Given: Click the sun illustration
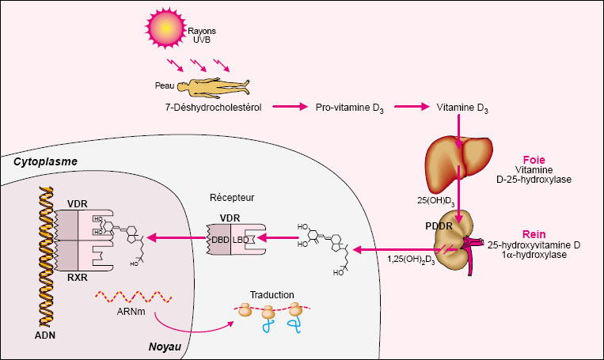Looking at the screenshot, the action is pyautogui.click(x=165, y=28).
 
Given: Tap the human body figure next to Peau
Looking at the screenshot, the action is pyautogui.click(x=214, y=87).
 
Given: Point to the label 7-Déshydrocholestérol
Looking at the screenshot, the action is pyautogui.click(x=213, y=108).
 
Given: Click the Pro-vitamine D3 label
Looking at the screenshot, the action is pyautogui.click(x=349, y=108).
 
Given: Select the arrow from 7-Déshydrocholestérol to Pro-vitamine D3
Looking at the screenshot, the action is pyautogui.click(x=290, y=107).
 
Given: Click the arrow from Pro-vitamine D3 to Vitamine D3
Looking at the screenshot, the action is pyautogui.click(x=412, y=107).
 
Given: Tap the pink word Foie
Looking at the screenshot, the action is pyautogui.click(x=534, y=160).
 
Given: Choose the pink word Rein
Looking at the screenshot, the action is pyautogui.click(x=534, y=234).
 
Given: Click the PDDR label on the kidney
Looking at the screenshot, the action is pyautogui.click(x=439, y=226).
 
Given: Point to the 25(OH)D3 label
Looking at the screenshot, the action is pyautogui.click(x=436, y=201).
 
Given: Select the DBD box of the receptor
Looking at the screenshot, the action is pyautogui.click(x=218, y=240).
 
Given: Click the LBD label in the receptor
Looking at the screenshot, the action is pyautogui.click(x=241, y=240).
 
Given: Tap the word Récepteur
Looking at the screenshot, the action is pyautogui.click(x=232, y=198).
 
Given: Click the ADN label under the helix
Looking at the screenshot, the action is pyautogui.click(x=45, y=335).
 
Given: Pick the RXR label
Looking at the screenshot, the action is pyautogui.click(x=78, y=277).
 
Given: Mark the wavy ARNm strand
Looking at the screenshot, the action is pyautogui.click(x=133, y=297).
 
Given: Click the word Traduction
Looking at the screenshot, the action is pyautogui.click(x=272, y=295).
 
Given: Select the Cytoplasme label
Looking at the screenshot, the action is pyautogui.click(x=45, y=161).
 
